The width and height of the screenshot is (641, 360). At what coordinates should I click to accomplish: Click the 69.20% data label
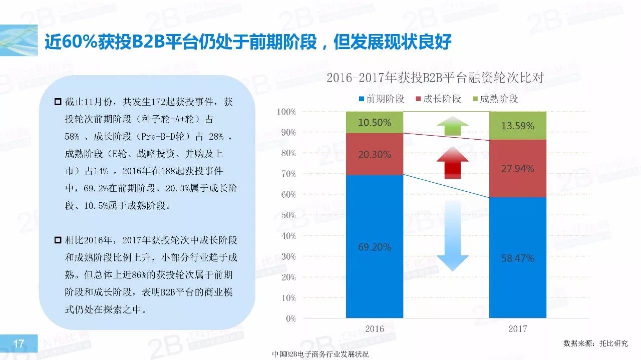pos(375,247)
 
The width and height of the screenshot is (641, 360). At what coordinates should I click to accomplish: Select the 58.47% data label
pos(517,258)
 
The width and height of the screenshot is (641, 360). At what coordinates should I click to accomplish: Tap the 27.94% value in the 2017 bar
pos(517,169)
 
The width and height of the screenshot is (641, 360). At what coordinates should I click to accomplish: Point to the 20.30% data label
pos(375,155)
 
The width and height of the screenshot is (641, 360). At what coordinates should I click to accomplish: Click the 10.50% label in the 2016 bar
pos(375,123)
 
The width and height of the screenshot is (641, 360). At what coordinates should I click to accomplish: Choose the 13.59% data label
pos(517,126)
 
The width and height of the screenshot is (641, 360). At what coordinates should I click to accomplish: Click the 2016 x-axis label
pos(375,329)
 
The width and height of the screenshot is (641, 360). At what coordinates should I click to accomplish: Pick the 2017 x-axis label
pos(517,329)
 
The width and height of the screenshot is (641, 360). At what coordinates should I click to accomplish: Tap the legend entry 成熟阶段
pos(494,99)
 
